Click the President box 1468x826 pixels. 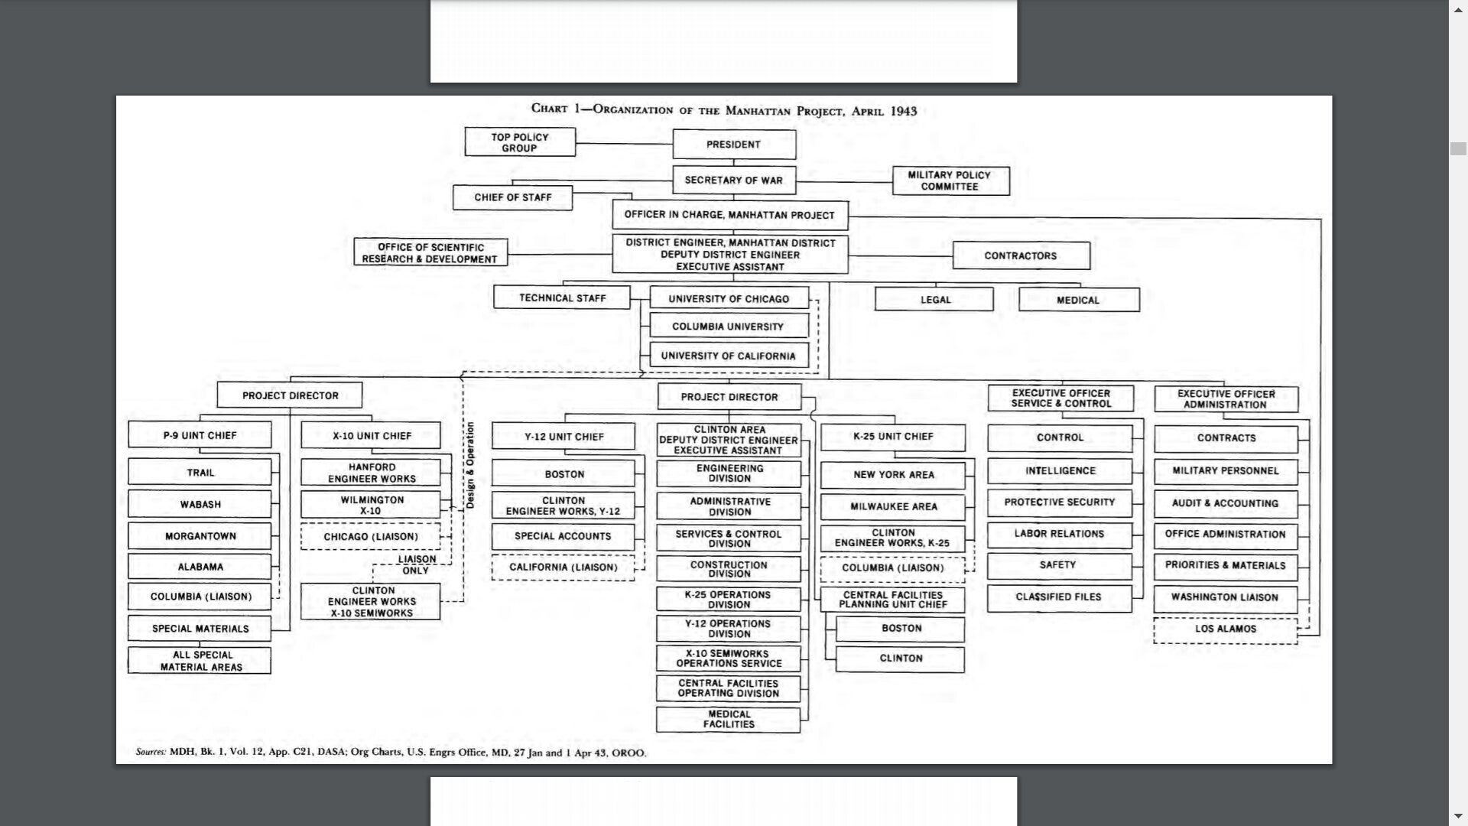[734, 145]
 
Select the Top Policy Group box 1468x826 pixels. [520, 142]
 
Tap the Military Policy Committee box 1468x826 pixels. [950, 180]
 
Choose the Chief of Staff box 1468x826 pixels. [512, 197]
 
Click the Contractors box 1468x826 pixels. [1021, 255]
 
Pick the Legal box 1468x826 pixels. [934, 299]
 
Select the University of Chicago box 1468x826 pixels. [729, 298]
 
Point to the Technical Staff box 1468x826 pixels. [562, 298]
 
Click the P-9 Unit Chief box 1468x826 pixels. [200, 435]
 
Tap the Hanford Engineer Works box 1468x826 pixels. [371, 473]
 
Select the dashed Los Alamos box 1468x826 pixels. [1225, 629]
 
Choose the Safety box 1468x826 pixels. [1058, 565]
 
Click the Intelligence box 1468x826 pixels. [1060, 470]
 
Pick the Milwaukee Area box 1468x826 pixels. [893, 506]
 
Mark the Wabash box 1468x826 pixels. [200, 505]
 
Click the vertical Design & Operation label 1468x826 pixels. [470, 465]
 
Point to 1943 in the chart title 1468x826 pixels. [903, 111]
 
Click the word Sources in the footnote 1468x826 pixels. [151, 752]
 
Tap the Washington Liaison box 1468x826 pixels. [1225, 597]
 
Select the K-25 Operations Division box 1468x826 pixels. [729, 600]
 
